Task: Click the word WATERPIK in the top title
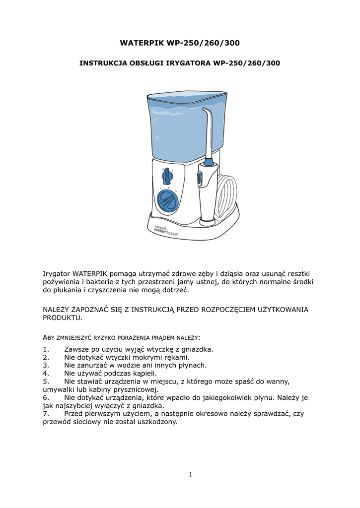142,43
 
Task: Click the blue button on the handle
200,179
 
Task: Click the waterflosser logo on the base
165,230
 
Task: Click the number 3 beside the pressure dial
176,190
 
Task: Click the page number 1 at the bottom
190,474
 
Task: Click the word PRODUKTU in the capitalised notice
61,317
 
